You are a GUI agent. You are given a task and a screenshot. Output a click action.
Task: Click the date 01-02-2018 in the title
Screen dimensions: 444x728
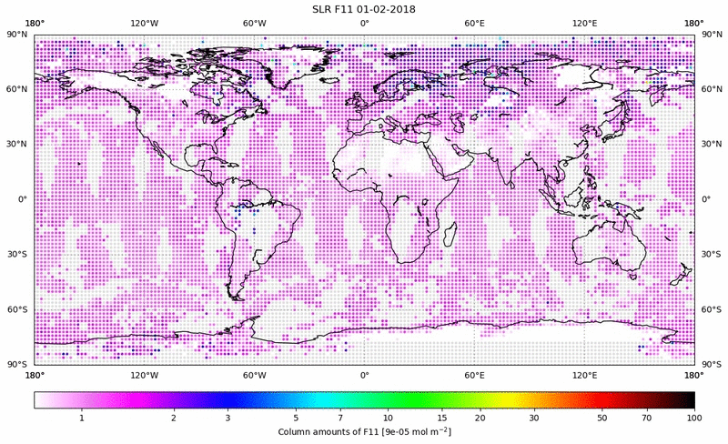(389, 9)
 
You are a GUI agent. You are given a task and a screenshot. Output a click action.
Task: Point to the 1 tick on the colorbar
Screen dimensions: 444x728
(82, 418)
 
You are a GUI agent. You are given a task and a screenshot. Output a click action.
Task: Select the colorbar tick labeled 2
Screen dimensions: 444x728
(173, 418)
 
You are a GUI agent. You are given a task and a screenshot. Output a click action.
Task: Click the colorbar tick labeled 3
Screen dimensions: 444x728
(227, 418)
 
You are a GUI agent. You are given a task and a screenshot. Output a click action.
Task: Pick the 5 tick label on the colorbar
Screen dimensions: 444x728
(296, 418)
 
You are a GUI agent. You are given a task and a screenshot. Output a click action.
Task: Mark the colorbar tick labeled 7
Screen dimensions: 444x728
(340, 418)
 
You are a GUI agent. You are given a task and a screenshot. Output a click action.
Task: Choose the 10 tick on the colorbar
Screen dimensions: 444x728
(388, 418)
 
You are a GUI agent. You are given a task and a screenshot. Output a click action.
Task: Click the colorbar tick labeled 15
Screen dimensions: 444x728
(441, 418)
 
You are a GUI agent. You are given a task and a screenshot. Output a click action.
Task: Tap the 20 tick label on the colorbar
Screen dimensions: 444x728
(480, 418)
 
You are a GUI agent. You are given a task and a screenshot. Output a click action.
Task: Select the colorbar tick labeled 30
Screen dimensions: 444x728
(534, 418)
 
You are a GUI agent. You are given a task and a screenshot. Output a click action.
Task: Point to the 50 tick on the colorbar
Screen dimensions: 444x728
(602, 418)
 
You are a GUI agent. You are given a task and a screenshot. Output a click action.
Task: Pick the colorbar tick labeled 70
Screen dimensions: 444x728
(646, 418)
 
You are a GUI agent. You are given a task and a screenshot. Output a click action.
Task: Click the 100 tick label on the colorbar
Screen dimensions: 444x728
(694, 418)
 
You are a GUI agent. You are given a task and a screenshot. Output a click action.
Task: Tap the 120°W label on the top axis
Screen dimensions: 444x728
(144, 22)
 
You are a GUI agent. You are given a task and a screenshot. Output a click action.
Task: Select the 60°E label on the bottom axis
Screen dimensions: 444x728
(474, 374)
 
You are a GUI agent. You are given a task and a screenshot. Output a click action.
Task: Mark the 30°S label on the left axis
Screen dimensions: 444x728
(19, 255)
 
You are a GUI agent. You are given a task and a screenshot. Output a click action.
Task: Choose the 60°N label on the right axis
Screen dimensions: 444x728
(710, 89)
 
